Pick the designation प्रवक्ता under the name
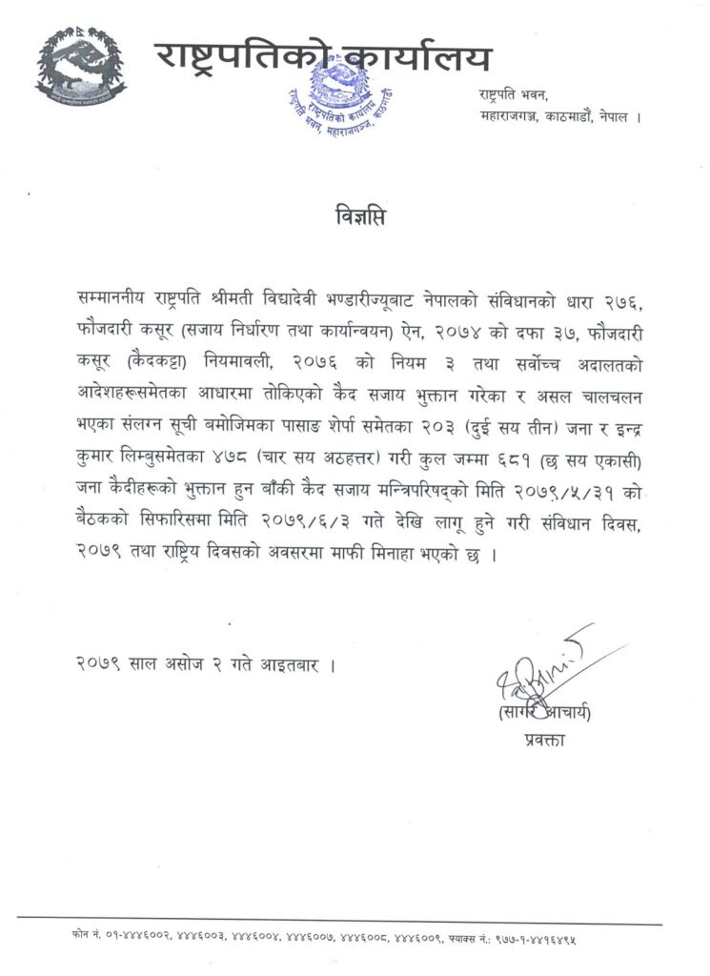click(x=545, y=739)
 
